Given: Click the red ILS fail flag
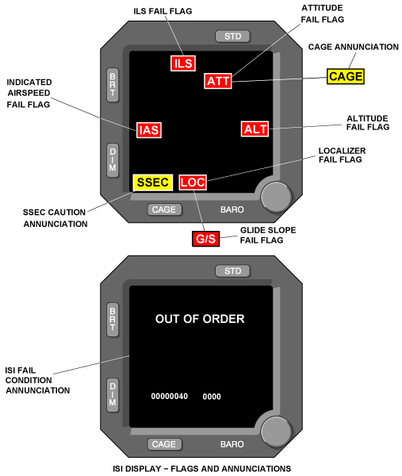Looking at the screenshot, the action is (183, 63).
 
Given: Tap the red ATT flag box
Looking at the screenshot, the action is (218, 81).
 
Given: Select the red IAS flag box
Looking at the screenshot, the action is (148, 130).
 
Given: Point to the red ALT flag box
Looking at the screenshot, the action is (255, 129).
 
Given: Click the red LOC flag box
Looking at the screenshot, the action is (193, 182).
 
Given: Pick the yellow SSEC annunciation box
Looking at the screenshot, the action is (152, 182).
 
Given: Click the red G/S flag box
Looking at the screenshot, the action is (205, 239).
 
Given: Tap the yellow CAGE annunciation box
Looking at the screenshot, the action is (346, 76).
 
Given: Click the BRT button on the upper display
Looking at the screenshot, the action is (113, 85).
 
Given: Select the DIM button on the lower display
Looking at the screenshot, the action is (113, 394).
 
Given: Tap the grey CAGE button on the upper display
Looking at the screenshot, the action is (164, 209).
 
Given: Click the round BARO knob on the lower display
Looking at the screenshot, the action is (276, 432).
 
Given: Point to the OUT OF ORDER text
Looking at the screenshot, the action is (200, 319).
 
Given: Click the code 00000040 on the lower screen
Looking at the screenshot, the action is (170, 396).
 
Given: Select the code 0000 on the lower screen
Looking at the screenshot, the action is (212, 397).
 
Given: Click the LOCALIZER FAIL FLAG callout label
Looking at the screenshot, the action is (342, 155).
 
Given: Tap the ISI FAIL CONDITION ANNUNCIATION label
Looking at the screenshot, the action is (37, 380).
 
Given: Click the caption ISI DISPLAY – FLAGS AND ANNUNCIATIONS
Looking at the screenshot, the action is (201, 469).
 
